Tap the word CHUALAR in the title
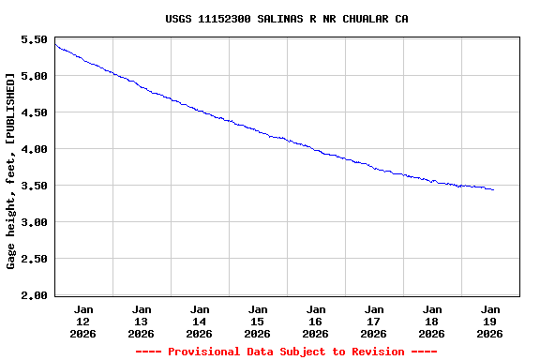[x=362, y=19]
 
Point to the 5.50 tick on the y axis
[x=33, y=40]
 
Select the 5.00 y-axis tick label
[x=33, y=77]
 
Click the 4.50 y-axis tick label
[x=33, y=113]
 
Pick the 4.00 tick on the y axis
[x=33, y=150]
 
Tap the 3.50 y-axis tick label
[x=33, y=187]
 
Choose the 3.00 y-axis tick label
[x=33, y=223]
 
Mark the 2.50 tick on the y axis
[x=33, y=260]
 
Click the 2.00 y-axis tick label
[x=33, y=296]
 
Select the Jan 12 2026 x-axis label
[x=83, y=321]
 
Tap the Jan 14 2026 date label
[x=200, y=321]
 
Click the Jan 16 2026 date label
[x=316, y=321]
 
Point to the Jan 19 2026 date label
[x=490, y=321]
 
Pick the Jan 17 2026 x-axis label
[x=374, y=321]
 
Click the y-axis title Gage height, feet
[x=11, y=173]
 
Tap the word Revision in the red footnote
[x=373, y=352]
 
